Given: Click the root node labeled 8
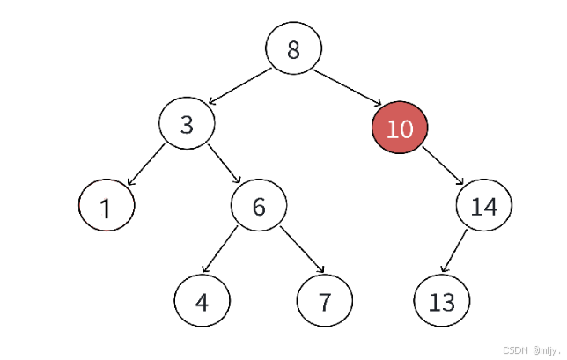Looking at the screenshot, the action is point(294,48).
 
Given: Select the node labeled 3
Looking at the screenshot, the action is point(187,123).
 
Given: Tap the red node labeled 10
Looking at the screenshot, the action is point(400,128).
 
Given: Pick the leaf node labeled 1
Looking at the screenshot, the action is point(107,205).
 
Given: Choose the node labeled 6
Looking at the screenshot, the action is point(259,205).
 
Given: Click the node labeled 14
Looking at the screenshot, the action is point(484,205).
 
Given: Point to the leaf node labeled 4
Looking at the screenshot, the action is point(202,300).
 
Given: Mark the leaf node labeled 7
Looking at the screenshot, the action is point(325,300).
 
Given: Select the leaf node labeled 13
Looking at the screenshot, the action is point(442,300).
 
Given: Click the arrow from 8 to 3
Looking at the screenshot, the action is point(239,86).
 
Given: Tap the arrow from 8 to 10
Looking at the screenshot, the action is point(348,87).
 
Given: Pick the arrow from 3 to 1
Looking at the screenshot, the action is point(146,165).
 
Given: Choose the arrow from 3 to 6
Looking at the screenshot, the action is point(225,164).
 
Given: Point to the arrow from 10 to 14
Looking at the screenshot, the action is point(443,165).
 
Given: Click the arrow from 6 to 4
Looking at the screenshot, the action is point(220,249).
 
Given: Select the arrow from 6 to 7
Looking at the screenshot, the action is point(302,249).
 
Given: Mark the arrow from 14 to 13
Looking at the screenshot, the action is point(454,251).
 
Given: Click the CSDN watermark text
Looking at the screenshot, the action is point(532,350).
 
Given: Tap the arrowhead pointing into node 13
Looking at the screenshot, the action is point(444,268).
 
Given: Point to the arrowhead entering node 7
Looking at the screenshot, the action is point(320,268).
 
